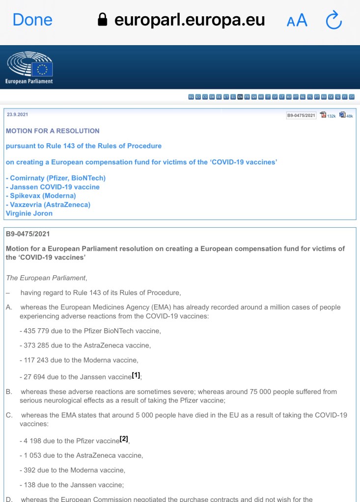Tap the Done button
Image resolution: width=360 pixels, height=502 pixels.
click(x=32, y=20)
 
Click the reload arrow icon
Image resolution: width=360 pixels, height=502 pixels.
click(x=333, y=20)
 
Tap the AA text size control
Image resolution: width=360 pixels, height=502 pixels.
click(x=297, y=20)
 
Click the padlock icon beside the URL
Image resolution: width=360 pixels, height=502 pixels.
click(x=103, y=20)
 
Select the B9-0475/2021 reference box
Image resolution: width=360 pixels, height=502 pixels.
click(x=302, y=115)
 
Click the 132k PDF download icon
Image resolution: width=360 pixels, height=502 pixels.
click(x=323, y=115)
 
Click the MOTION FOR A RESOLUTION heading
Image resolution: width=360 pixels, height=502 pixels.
click(x=53, y=131)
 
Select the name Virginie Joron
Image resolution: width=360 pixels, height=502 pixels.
click(x=29, y=213)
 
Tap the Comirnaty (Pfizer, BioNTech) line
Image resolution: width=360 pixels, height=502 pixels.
click(x=55, y=178)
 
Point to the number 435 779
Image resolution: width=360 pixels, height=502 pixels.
click(x=35, y=331)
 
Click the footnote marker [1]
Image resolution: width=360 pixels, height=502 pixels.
click(x=136, y=375)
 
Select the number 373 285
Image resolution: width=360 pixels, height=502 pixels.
click(x=35, y=345)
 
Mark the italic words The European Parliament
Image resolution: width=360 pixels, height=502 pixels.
click(x=46, y=278)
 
